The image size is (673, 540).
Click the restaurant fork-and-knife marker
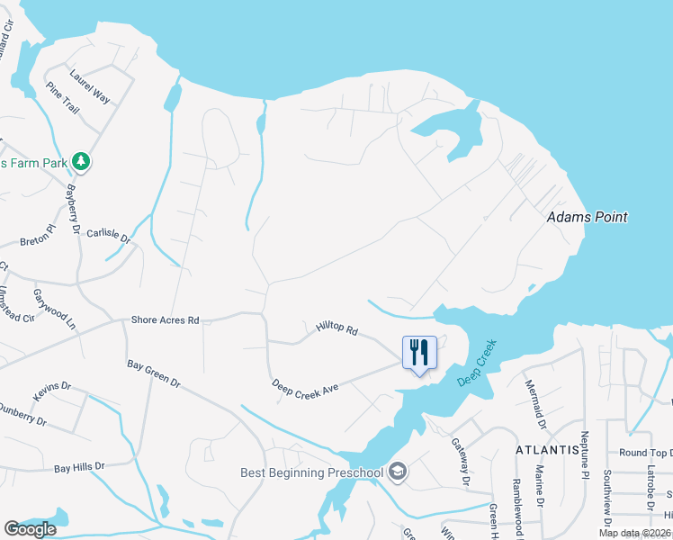(x=418, y=352)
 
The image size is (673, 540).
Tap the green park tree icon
(x=82, y=161)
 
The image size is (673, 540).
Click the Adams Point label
(x=588, y=217)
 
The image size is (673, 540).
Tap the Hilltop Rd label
(x=336, y=329)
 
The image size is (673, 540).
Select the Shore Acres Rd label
(x=165, y=319)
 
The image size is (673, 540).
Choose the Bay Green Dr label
(x=153, y=375)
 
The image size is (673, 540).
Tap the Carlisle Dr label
(x=109, y=237)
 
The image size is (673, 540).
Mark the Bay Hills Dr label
(x=79, y=467)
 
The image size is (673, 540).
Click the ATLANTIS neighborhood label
(x=546, y=449)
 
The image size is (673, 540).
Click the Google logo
(x=31, y=529)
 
